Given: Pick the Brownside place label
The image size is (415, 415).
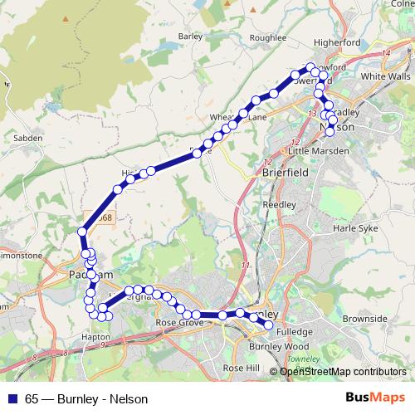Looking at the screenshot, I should click(364, 318).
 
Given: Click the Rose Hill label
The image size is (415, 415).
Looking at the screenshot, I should click(242, 367).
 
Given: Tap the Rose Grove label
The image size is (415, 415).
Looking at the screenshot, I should click(176, 322).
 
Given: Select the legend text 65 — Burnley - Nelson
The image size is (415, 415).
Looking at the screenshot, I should click(81, 398).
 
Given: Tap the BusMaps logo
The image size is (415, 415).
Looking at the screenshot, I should click(378, 398).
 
